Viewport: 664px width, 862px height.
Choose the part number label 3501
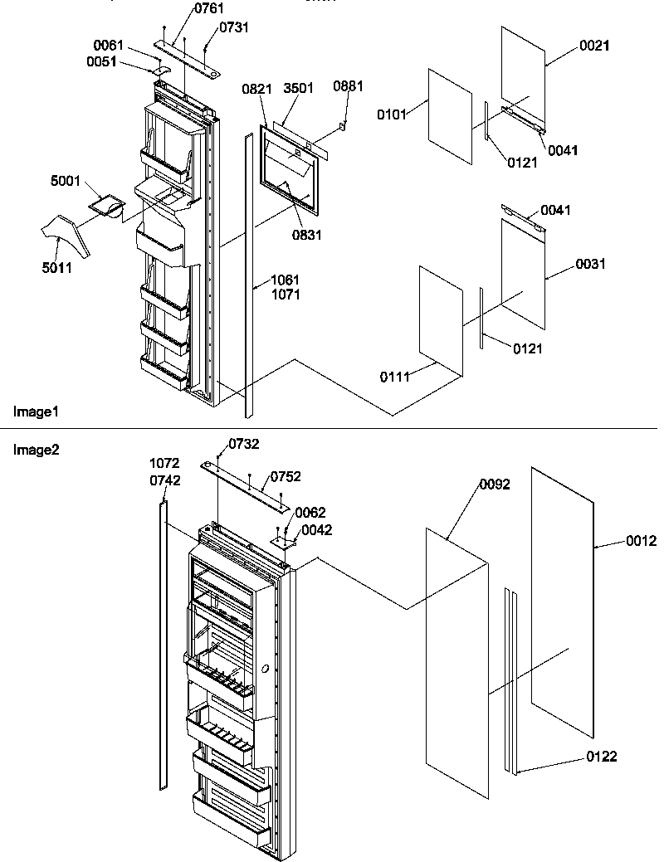297,89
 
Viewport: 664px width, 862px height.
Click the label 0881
346,86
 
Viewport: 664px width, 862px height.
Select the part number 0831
307,235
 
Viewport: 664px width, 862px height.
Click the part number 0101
393,114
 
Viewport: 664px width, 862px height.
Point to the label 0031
590,265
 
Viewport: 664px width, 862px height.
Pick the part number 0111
396,377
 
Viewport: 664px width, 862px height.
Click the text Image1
31,412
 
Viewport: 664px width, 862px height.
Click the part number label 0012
641,541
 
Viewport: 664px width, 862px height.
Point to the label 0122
601,757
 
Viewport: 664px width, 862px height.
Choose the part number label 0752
284,477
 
